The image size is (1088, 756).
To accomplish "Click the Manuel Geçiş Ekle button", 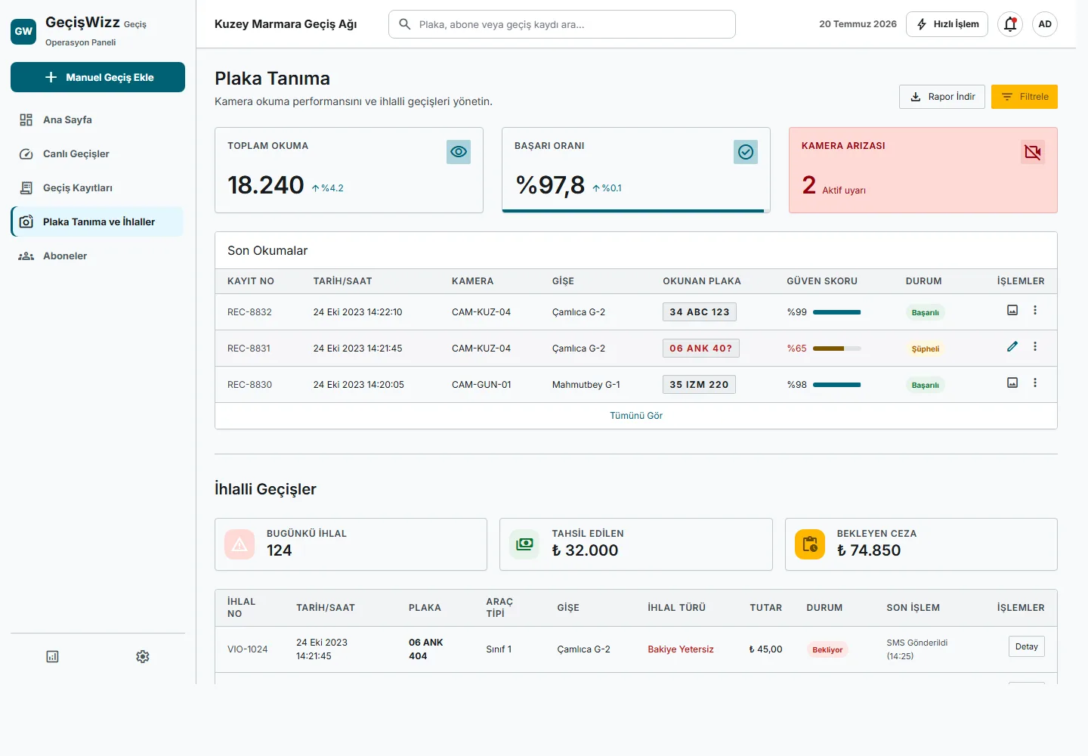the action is (97, 77).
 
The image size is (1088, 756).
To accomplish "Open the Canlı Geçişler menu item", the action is (76, 153).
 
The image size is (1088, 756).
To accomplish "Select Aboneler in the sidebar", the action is (65, 256).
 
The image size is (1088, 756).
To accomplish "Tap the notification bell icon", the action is (1010, 23).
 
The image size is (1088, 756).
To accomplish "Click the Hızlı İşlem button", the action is (947, 23).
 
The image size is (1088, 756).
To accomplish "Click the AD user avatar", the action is (1045, 23).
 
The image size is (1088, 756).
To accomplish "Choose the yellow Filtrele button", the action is (1025, 97).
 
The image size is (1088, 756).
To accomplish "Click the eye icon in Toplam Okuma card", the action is (459, 152).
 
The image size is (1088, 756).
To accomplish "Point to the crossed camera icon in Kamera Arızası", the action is (1033, 152).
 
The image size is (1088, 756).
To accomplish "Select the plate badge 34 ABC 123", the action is (700, 312).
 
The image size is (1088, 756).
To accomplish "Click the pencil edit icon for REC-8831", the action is (1012, 346).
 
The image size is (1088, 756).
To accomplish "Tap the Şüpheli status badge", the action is (926, 349).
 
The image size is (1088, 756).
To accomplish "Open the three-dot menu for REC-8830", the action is (1035, 383).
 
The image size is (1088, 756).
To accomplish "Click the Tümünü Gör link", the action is (636, 415).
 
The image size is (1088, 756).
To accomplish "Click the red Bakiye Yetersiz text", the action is (681, 649).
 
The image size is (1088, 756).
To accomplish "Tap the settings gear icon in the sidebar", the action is (142, 657).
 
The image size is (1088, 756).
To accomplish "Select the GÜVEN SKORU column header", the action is (822, 280).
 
